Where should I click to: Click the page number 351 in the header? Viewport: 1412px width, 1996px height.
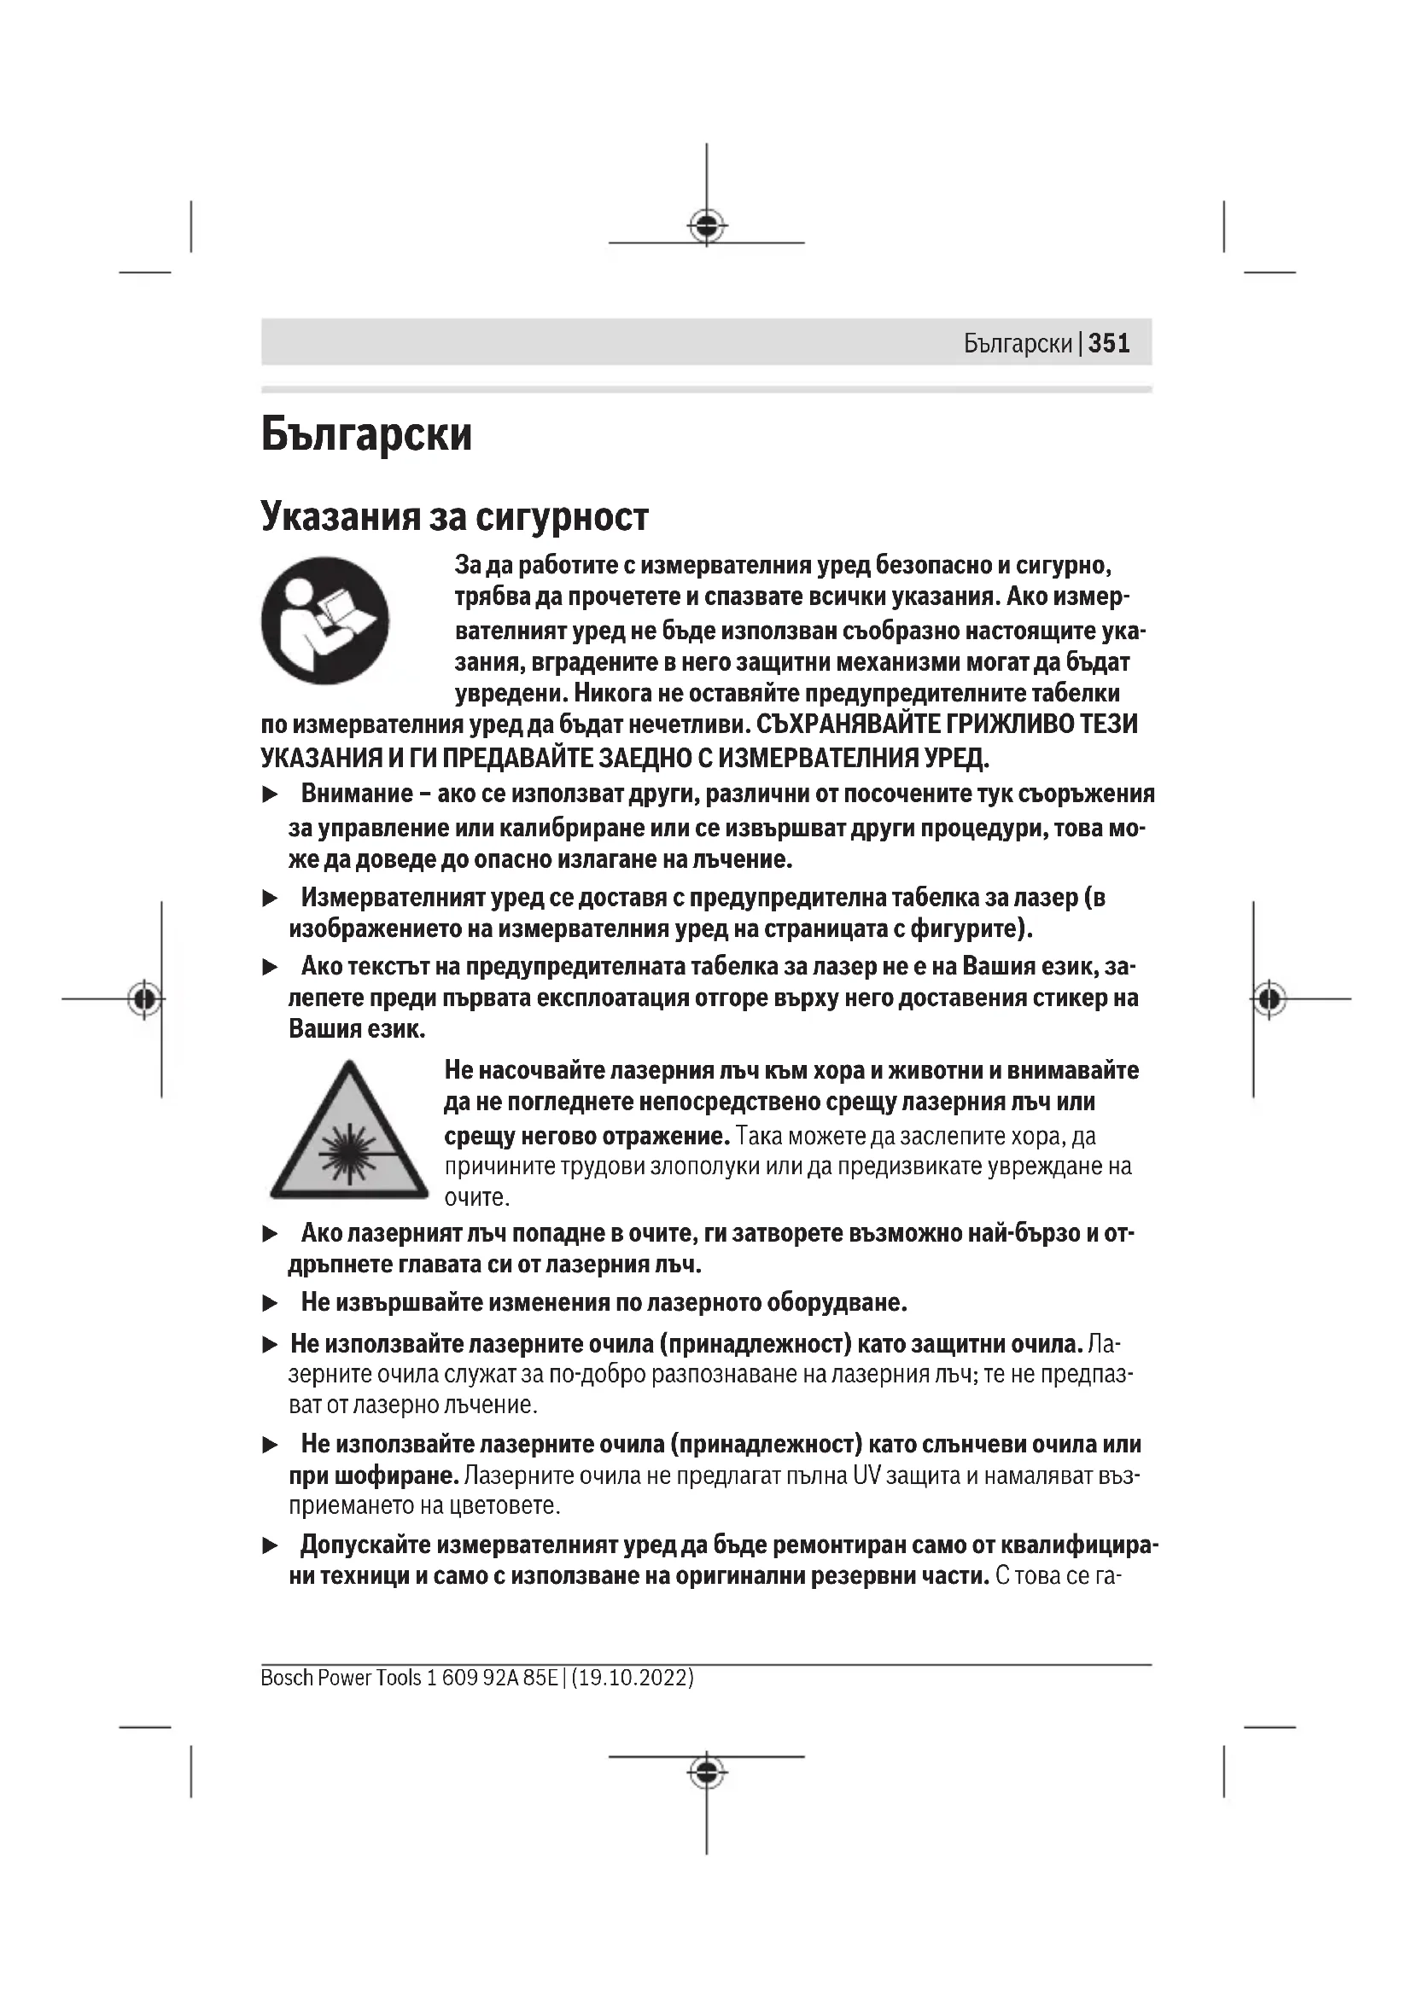(x=1109, y=343)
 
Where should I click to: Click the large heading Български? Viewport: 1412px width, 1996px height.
(x=366, y=434)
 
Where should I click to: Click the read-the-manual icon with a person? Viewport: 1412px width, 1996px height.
(x=325, y=620)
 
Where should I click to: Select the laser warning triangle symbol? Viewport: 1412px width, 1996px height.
(x=348, y=1132)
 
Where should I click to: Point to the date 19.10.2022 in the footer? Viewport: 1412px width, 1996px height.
(x=633, y=1678)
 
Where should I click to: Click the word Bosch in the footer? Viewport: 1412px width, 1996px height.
(x=286, y=1678)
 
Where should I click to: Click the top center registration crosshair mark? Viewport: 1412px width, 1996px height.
(x=707, y=226)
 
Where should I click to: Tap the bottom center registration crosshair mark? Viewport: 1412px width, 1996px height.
(x=707, y=1772)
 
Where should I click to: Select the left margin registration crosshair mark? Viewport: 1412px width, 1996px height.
(x=145, y=999)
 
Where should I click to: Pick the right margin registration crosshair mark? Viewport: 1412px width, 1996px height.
(x=1269, y=999)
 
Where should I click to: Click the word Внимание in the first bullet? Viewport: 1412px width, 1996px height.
(x=357, y=794)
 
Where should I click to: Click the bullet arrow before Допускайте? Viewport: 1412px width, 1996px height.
(x=271, y=1545)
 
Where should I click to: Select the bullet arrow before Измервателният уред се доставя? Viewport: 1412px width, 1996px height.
(x=271, y=898)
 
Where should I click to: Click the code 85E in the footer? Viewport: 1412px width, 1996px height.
(x=540, y=1678)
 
